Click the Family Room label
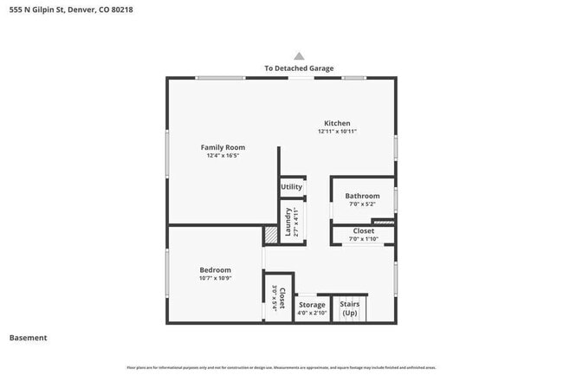(x=223, y=147)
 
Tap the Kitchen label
(x=337, y=123)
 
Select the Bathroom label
(x=362, y=196)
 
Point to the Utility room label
(x=291, y=186)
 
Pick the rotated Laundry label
(x=288, y=223)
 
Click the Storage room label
(x=312, y=305)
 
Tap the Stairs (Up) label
(x=349, y=308)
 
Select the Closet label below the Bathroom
(x=363, y=231)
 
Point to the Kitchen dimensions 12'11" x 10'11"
(x=337, y=132)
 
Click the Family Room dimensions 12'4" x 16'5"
(x=223, y=156)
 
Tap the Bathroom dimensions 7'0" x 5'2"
(x=362, y=204)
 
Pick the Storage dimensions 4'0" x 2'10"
(x=312, y=314)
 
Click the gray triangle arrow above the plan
(x=299, y=55)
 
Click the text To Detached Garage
(x=299, y=68)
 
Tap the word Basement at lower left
(x=28, y=338)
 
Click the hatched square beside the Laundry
(x=271, y=234)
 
